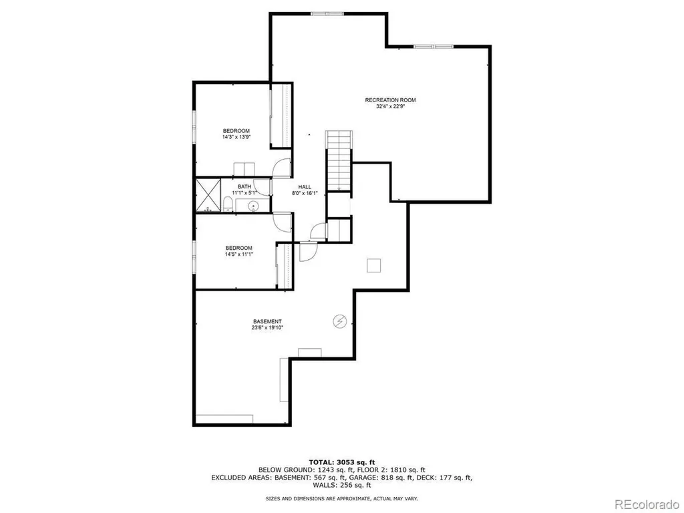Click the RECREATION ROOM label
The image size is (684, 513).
point(390,100)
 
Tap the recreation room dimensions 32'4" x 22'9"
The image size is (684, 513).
point(390,106)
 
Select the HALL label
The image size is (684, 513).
point(305,187)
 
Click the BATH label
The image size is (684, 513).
point(244,187)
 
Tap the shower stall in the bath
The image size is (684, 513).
point(208,195)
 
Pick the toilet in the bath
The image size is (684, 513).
point(228,204)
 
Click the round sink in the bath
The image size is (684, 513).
point(253,205)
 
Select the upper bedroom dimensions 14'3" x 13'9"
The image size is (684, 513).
point(236,136)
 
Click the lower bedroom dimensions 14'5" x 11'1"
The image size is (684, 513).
point(238,254)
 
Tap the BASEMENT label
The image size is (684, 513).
point(267,321)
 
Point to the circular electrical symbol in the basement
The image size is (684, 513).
point(339,321)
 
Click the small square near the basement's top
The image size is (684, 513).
point(373,265)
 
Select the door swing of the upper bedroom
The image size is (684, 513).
point(282,168)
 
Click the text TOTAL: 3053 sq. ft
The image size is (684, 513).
point(341,462)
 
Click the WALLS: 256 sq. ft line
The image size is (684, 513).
point(341,485)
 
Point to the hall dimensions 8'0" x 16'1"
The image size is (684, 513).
point(305,193)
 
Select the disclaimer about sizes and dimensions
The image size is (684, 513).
point(341,498)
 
